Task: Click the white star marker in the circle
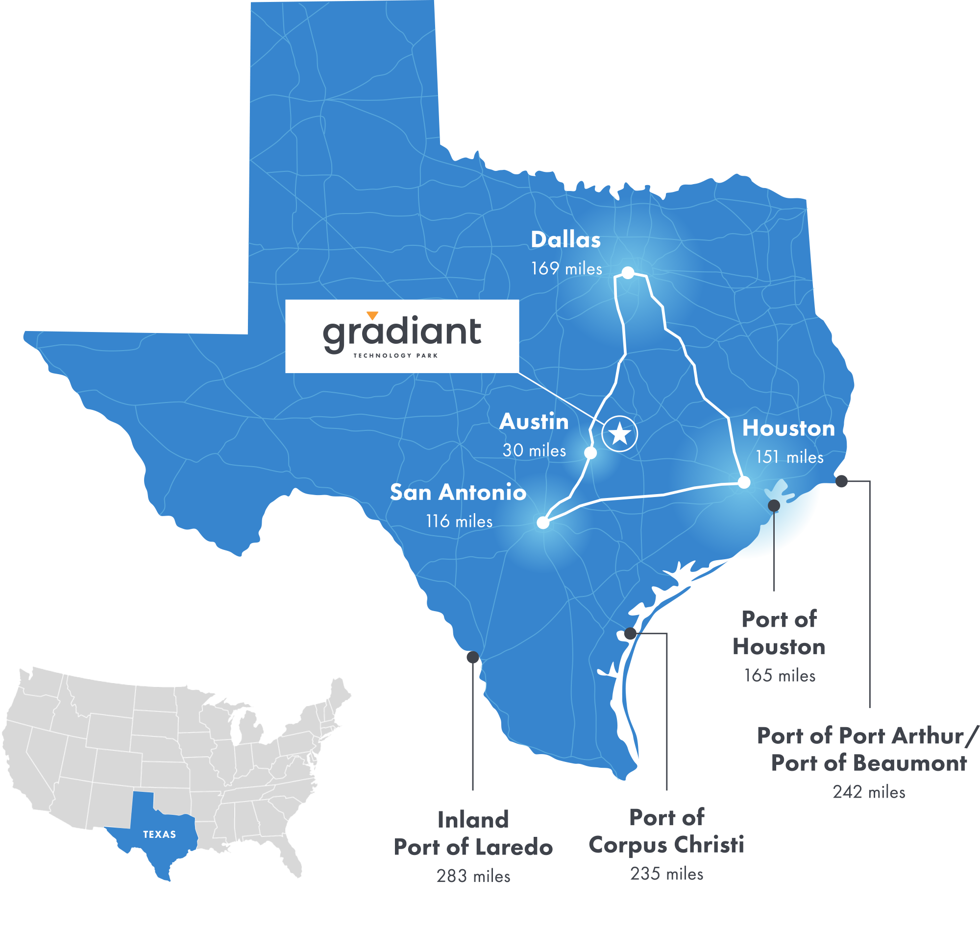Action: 620,434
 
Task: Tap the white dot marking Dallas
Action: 628,273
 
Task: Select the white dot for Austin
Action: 590,452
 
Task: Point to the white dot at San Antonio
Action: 543,522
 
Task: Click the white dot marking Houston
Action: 744,482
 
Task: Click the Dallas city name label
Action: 565,240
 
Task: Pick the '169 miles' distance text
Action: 566,269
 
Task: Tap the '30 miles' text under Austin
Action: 535,450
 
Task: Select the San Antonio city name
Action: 458,493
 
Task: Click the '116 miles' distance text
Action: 459,521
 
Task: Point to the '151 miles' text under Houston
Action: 789,457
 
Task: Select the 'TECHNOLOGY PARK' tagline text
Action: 395,356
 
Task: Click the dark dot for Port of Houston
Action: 774,505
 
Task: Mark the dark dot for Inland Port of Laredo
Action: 473,657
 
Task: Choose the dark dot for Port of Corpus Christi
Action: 630,634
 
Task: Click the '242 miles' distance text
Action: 869,792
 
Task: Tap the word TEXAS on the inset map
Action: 159,834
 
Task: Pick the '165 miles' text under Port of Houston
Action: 780,675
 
